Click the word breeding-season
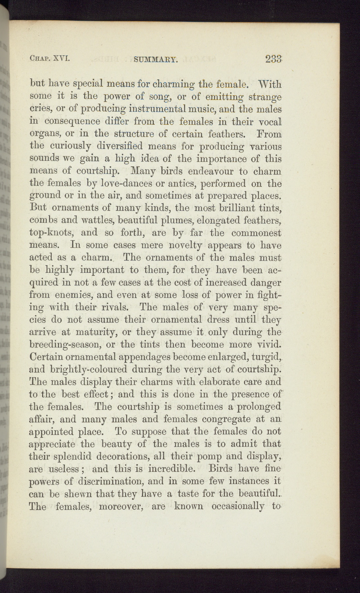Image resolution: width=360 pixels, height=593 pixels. tap(71, 345)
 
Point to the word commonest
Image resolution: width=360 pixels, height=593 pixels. tap(256, 233)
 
